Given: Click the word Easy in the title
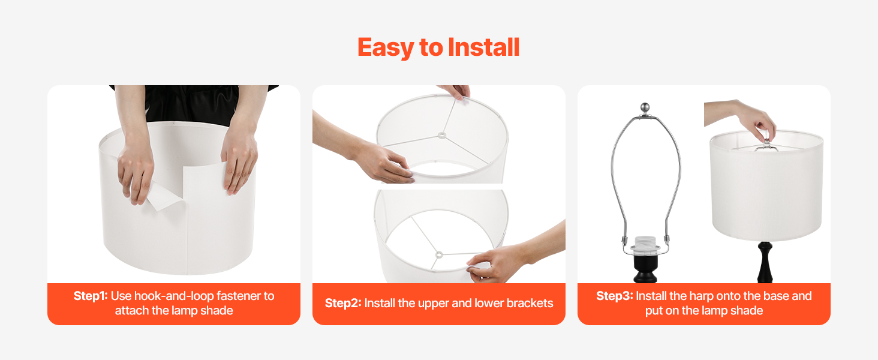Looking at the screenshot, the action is tap(386, 48).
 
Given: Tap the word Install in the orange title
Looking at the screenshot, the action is tap(484, 47).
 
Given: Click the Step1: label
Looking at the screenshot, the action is tap(91, 296).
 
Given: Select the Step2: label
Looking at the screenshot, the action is tap(343, 303).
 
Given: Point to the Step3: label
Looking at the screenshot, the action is tap(615, 296).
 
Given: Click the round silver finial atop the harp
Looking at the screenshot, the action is tap(645, 107).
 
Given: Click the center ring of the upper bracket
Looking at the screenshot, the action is tap(442, 136).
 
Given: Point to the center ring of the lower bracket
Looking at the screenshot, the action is tap(439, 255).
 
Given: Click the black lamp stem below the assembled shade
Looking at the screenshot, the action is tap(765, 262).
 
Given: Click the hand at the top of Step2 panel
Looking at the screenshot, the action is tap(455, 91).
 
